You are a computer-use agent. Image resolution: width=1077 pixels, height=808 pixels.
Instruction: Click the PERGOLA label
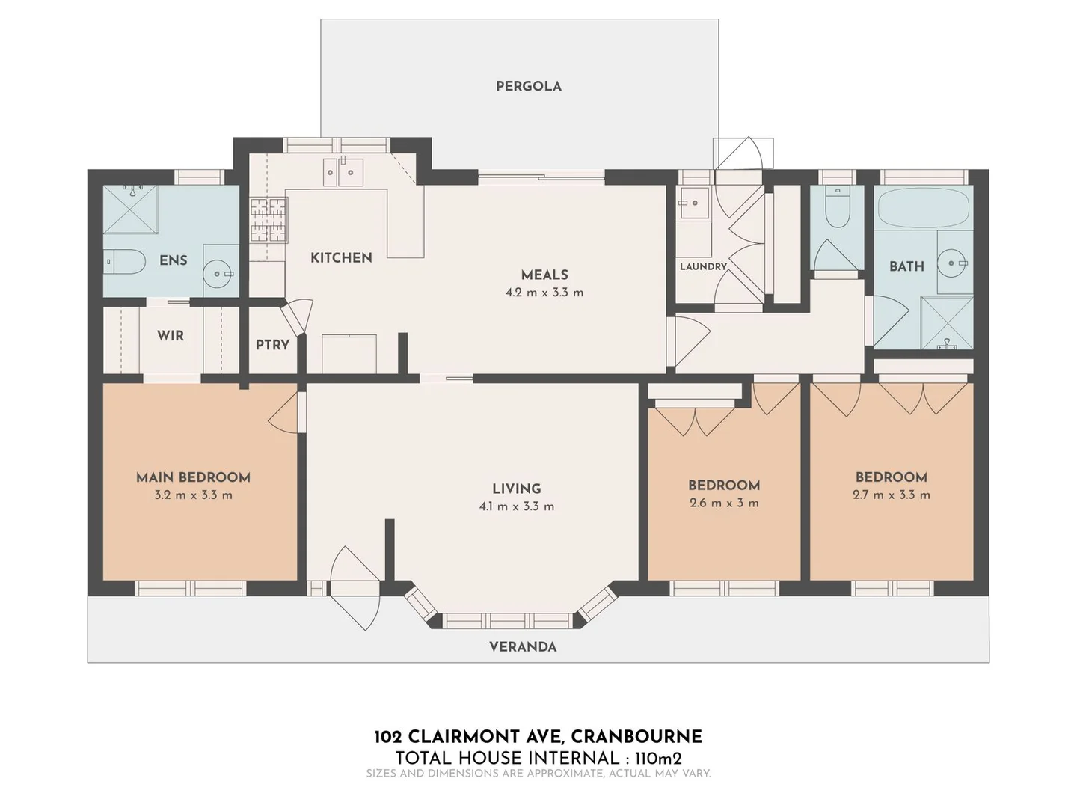pos(528,86)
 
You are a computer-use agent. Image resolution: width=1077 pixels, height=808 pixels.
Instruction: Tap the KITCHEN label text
pos(341,257)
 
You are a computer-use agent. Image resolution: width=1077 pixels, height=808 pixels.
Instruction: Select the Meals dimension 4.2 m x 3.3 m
pos(544,293)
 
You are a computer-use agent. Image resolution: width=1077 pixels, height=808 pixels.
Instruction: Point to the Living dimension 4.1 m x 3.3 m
pos(516,506)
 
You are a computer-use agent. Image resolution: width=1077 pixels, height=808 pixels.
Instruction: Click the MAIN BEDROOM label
pos(193,477)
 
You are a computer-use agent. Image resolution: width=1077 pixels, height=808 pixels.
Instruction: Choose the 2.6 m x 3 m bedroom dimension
pos(724,503)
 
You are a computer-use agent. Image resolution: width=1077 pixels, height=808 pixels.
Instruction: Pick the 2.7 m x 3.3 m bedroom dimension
pos(892,495)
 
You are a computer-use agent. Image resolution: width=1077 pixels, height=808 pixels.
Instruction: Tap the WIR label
pos(171,336)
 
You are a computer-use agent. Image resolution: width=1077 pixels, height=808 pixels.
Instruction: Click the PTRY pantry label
pos(272,345)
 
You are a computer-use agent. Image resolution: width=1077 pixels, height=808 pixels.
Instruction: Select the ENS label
pos(174,260)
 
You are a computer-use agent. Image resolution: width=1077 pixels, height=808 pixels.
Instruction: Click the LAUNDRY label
pos(703,266)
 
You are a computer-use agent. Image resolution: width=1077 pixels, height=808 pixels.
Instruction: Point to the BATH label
pos(906,266)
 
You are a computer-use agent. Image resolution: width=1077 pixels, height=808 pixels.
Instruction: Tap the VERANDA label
pos(523,647)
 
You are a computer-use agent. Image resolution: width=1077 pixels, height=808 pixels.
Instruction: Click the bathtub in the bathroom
pos(924,207)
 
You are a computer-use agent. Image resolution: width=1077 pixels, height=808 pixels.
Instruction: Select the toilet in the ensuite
pos(124,261)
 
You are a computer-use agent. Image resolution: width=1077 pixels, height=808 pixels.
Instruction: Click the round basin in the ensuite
pos(220,274)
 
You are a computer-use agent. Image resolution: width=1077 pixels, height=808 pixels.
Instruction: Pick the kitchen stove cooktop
pos(269,220)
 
